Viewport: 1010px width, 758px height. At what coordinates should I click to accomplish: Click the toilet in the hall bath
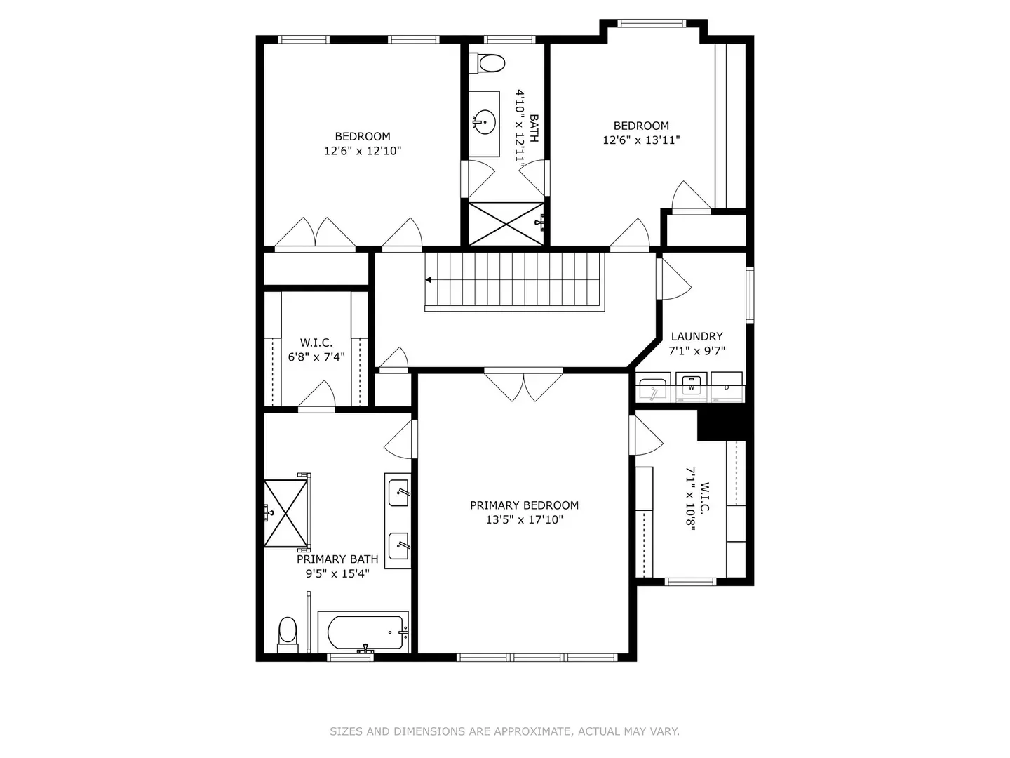pos(486,63)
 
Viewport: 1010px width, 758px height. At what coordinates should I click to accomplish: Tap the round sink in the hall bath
pos(485,122)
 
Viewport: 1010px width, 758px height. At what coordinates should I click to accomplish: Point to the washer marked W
pos(691,387)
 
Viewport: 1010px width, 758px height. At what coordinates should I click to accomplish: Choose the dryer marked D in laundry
pos(727,387)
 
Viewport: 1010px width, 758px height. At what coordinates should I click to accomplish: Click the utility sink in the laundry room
pos(652,389)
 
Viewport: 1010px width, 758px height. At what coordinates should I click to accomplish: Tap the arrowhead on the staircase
pos(428,280)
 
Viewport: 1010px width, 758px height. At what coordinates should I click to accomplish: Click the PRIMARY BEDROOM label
pos(524,505)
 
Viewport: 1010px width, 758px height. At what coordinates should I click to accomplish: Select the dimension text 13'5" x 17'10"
pos(524,520)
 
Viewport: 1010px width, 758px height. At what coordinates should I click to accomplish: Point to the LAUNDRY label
pos(696,336)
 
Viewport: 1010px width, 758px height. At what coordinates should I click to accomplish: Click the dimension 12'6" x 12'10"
pos(363,151)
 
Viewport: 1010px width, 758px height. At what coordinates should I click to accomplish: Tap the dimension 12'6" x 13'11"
pos(642,140)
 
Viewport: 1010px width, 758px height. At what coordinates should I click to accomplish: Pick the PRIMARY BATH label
pos(337,559)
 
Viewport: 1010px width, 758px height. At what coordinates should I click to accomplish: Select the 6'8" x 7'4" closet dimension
pos(316,357)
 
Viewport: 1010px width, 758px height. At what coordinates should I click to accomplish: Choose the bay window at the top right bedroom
pos(651,23)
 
